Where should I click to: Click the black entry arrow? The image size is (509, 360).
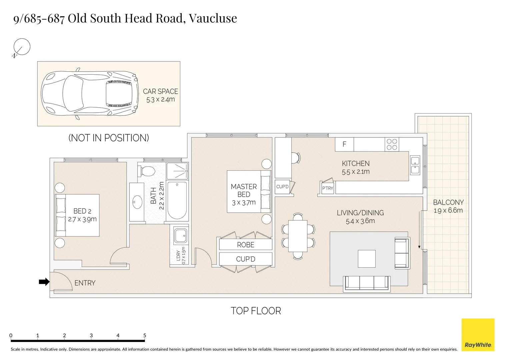coord(44,282)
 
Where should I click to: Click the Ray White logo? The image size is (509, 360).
coord(478,335)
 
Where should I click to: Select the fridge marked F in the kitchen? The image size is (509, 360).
coord(344,144)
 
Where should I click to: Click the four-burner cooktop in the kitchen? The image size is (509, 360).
coord(392,144)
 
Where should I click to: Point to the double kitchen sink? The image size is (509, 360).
coord(415,165)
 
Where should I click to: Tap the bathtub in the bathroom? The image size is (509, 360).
coord(177,200)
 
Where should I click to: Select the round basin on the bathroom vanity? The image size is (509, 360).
coord(137,202)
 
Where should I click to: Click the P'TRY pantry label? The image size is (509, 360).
coord(327,188)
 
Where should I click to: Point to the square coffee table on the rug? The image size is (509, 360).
coord(367,259)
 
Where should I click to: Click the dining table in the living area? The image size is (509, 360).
coord(298,236)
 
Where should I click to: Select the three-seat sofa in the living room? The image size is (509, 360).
coord(367,283)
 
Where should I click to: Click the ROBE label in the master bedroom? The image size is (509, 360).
coord(245,245)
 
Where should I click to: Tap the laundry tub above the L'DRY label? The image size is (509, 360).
coord(181,235)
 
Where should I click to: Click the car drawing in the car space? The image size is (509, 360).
coord(90,93)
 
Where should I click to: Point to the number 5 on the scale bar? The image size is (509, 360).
coord(145,335)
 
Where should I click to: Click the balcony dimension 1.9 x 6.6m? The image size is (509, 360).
coord(448,210)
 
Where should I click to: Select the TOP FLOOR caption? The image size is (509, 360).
coord(256,311)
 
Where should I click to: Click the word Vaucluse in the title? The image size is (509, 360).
coord(213,18)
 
